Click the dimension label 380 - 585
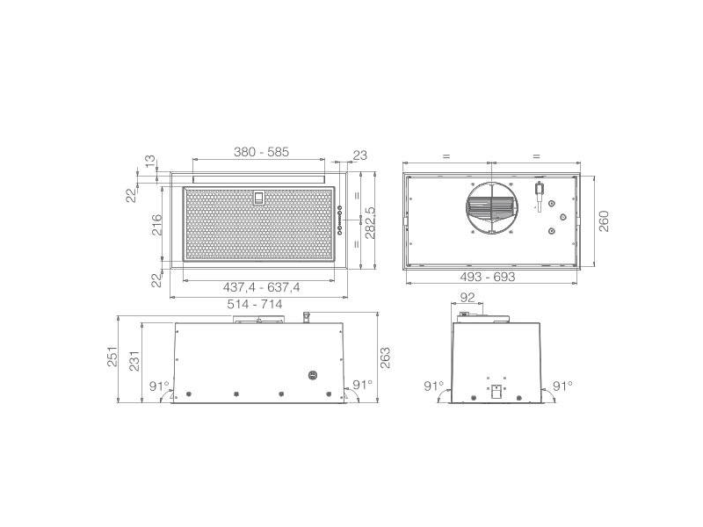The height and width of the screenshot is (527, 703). click(x=261, y=152)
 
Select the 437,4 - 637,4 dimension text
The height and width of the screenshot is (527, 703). click(x=261, y=287)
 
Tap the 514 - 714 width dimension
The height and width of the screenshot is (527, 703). click(x=255, y=303)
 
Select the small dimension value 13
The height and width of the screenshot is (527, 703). click(x=150, y=162)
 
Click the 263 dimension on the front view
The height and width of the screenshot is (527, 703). click(x=384, y=357)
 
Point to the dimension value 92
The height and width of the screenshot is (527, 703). click(x=468, y=298)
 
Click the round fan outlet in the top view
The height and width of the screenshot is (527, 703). click(x=489, y=210)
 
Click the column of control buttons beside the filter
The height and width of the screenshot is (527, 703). click(x=339, y=220)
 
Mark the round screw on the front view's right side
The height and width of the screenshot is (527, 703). click(x=314, y=375)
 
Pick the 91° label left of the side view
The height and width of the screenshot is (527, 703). click(x=433, y=386)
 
